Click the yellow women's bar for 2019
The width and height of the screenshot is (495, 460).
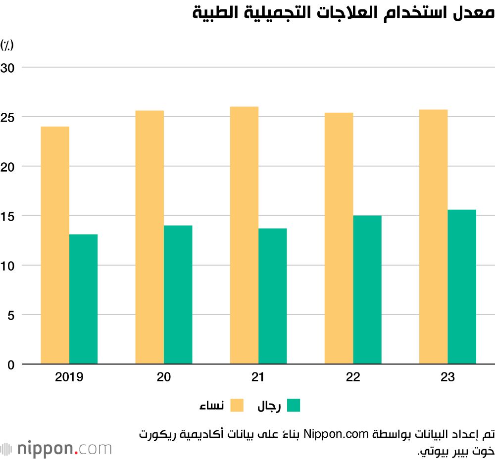coord(55,245)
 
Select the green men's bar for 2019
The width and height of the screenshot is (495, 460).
coord(84,299)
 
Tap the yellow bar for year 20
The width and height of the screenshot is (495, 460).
coord(149,237)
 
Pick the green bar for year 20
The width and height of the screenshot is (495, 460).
coord(178,295)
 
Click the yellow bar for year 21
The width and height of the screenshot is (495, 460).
coord(244,235)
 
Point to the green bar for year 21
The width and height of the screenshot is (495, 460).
coord(273,296)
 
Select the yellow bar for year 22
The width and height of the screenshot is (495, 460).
coord(339,238)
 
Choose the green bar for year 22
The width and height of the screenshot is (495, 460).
coord(367,290)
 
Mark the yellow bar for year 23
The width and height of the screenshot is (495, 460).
coord(434,237)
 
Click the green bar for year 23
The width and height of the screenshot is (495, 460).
coord(462,287)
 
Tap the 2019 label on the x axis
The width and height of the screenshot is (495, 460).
coord(69,377)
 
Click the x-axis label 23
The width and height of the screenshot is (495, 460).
coord(447,377)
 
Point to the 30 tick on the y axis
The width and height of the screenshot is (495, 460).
coord(10,67)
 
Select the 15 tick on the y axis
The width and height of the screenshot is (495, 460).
coord(10,216)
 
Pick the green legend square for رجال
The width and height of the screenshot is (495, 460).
coord(294,406)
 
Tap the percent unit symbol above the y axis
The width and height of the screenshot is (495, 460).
coord(7,46)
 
